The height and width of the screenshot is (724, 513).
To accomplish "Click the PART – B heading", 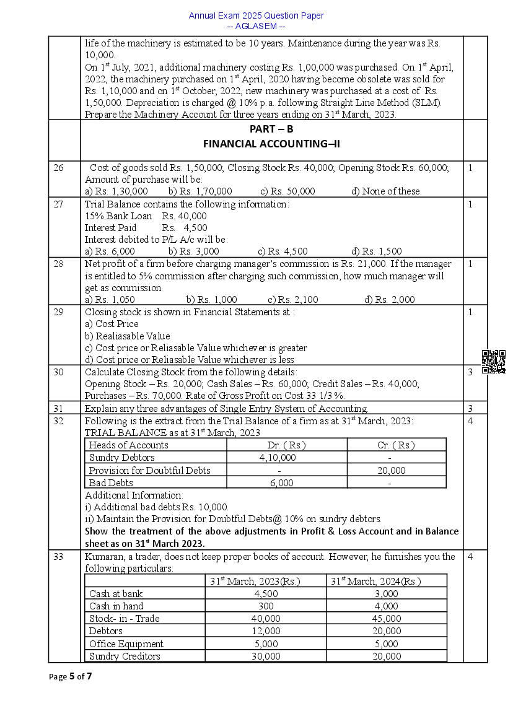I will pos(271,129).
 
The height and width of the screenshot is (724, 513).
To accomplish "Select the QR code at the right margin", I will pos(493,362).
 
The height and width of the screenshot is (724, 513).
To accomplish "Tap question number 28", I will pos(58,264).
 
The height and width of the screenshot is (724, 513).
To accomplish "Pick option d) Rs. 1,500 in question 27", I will pos(376,251).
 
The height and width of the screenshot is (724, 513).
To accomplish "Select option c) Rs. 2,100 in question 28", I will pos(292,300).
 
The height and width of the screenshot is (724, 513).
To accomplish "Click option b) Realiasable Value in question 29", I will pos(127,336).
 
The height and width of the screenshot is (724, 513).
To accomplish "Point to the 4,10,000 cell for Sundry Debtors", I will pos(278,458).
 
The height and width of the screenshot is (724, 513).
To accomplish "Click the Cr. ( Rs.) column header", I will pos(396,445).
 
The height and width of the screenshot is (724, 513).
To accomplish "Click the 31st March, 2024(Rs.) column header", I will pos(375,582).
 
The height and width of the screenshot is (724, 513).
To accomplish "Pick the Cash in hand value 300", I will pos(265,606).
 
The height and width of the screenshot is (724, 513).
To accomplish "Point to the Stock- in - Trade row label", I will pos(124,619).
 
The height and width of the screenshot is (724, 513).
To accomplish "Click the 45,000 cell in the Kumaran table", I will pos(387,619).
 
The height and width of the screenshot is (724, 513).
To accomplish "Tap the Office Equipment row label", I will pos(126,644).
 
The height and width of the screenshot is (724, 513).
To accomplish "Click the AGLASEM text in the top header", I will pos(256,26).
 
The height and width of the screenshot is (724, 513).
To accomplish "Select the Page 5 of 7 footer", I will pos(71,676).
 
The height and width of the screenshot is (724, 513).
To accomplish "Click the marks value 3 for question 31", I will pos(470,409).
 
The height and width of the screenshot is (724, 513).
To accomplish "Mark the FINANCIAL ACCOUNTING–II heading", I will pos(271,144).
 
